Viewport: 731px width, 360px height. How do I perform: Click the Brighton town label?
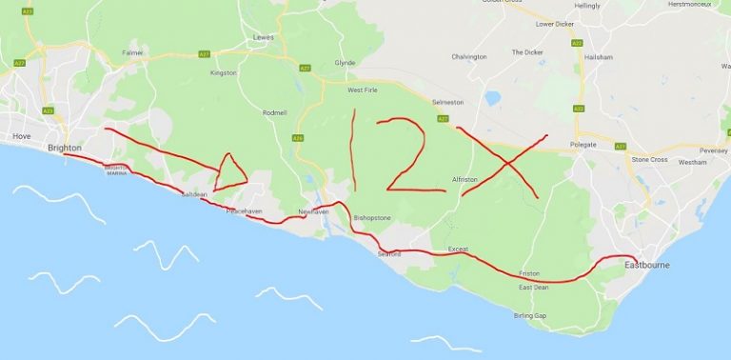(65, 148)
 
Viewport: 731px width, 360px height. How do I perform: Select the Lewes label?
(263, 37)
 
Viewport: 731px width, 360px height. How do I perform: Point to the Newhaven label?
(313, 211)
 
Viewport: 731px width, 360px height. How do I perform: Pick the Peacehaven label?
(243, 210)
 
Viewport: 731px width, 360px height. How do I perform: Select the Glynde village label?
(345, 63)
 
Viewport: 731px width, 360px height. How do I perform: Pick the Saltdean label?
(194, 194)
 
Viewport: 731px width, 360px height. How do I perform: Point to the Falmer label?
(132, 52)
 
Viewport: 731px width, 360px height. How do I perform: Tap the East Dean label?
(533, 287)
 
